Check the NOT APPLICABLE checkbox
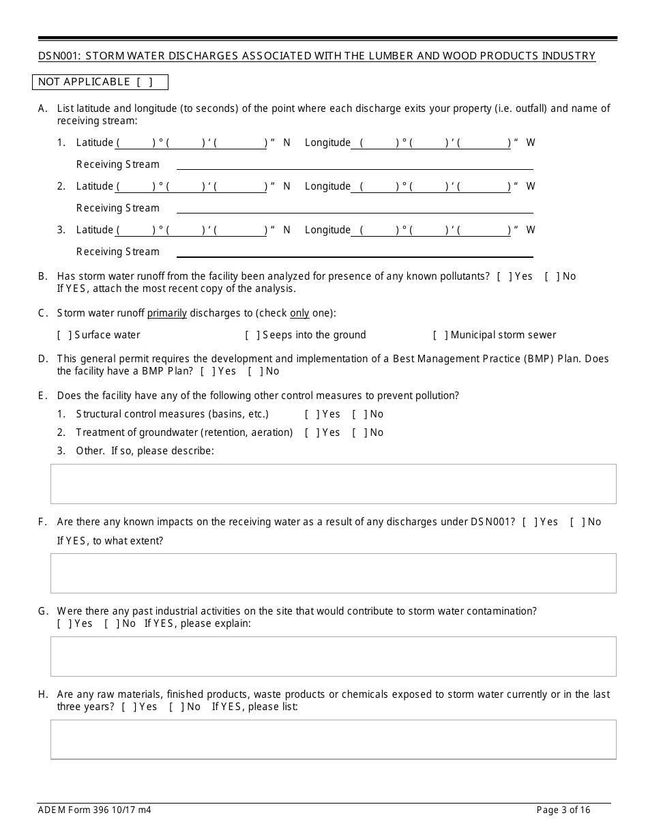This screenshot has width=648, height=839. click(144, 83)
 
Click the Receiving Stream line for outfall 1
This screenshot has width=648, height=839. click(355, 165)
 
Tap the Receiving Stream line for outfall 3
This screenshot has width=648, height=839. click(355, 252)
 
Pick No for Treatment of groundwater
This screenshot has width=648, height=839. click(358, 432)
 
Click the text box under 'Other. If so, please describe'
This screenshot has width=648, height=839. click(333, 484)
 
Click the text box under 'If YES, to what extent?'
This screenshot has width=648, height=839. click(333, 573)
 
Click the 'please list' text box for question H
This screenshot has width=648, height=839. click(333, 739)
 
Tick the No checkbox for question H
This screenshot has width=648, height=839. click(175, 707)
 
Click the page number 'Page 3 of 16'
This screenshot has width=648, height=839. click(563, 810)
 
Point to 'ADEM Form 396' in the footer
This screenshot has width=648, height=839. click(71, 810)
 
